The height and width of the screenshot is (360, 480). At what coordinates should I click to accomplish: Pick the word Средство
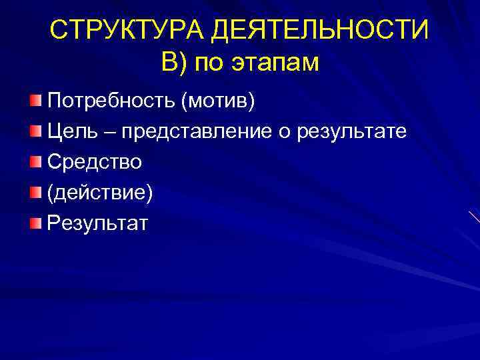pyautogui.click(x=94, y=161)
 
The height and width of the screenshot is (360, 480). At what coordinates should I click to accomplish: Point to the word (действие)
pyautogui.click(x=99, y=192)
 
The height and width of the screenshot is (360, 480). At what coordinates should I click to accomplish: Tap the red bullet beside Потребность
pyautogui.click(x=35, y=101)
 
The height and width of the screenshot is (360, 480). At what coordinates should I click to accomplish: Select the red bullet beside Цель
pyautogui.click(x=35, y=131)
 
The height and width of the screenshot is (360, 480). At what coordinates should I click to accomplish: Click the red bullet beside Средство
pyautogui.click(x=35, y=161)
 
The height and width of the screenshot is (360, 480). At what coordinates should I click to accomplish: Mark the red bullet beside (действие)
pyautogui.click(x=35, y=192)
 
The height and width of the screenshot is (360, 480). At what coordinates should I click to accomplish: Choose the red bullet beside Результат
pyautogui.click(x=35, y=222)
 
